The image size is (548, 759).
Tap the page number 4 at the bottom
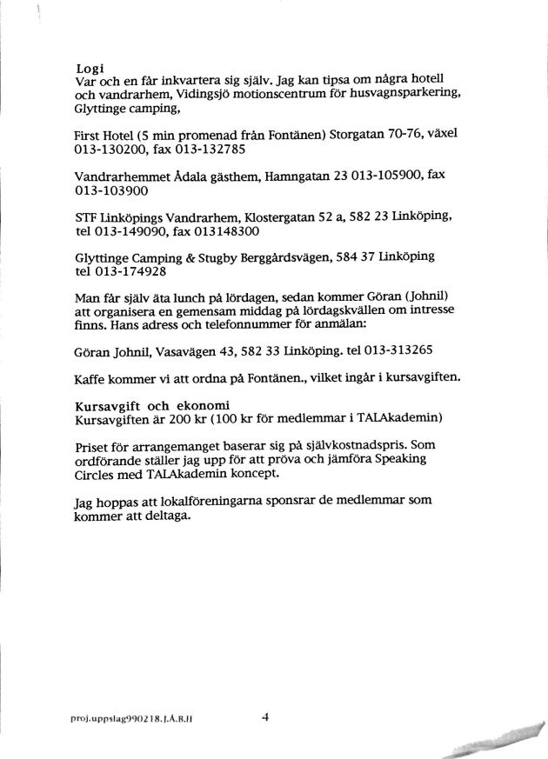[x=266, y=718]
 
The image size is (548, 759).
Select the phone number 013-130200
[x=109, y=149]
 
